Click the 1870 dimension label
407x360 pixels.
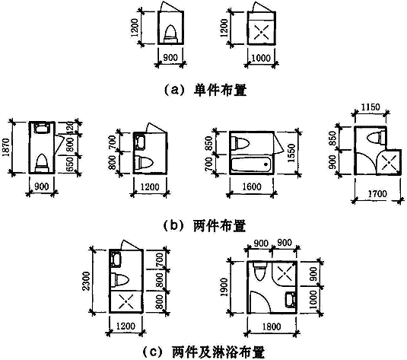click(7, 148)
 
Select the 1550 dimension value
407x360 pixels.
click(291, 153)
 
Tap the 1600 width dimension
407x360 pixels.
click(252, 186)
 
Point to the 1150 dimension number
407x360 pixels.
click(370, 107)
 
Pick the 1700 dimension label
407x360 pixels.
click(377, 193)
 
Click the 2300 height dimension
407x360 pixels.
click(87, 281)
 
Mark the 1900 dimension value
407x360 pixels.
click(224, 287)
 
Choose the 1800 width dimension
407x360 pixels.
click(272, 327)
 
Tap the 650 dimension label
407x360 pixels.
click(69, 165)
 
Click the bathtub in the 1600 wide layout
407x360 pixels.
click(251, 164)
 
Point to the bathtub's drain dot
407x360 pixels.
click(266, 164)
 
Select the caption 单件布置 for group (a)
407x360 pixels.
click(220, 90)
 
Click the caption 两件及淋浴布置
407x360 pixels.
click(218, 352)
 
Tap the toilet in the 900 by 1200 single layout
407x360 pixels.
click(171, 33)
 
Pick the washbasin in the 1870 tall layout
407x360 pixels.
click(42, 128)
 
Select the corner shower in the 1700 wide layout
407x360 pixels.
click(389, 162)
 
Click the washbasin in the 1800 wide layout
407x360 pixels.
click(291, 299)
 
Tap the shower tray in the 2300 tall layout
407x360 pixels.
click(126, 301)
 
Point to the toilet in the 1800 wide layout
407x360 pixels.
click(260, 271)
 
